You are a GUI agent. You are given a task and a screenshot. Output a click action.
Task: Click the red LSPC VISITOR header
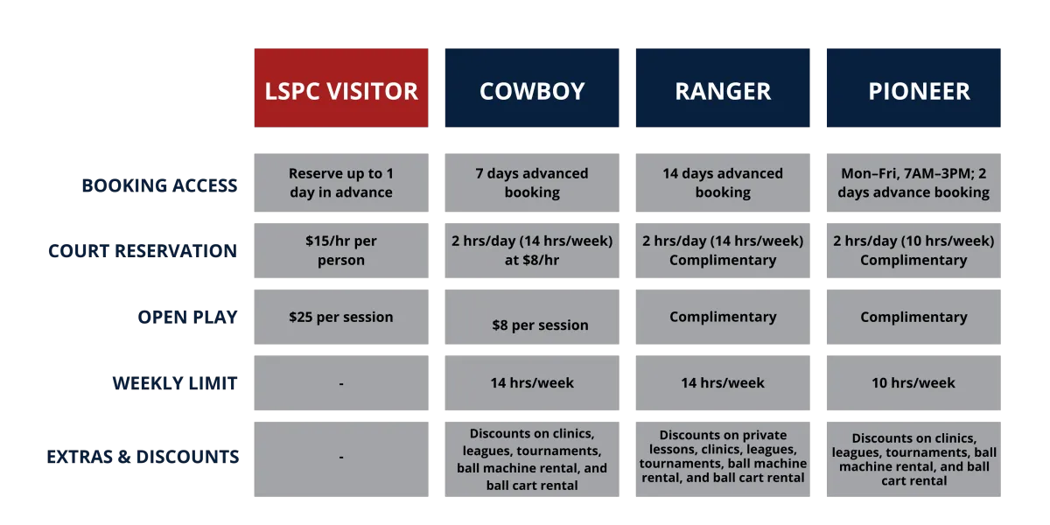tap(341, 87)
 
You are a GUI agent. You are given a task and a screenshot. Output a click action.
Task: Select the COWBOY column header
tap(532, 87)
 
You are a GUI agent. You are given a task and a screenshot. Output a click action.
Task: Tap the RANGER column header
tap(723, 87)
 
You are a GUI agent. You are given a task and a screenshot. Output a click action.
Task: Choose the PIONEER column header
tap(913, 87)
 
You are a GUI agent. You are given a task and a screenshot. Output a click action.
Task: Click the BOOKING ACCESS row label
tap(159, 185)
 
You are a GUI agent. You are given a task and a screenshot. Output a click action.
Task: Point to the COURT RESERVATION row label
tap(143, 251)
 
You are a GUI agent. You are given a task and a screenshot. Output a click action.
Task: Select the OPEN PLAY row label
tap(187, 318)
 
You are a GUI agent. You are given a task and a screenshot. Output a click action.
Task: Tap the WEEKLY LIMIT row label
tap(175, 383)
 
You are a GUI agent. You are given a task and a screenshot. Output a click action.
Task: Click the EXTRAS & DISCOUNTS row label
tap(143, 457)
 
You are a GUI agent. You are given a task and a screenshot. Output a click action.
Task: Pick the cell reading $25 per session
tap(341, 317)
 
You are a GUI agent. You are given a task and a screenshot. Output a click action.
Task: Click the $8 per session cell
tap(532, 317)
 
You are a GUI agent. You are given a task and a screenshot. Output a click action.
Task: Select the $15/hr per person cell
tap(341, 251)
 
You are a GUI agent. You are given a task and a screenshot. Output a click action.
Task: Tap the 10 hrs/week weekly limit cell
tap(913, 383)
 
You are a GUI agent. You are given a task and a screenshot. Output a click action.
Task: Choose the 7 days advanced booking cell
tap(532, 183)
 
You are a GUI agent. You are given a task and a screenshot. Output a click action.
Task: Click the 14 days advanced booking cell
tap(723, 183)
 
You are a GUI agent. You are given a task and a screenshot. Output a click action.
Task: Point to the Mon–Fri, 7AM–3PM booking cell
tap(913, 183)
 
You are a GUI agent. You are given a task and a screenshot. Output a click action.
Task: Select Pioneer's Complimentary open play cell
tap(913, 317)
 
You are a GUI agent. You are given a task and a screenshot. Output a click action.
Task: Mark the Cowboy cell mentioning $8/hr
tap(532, 251)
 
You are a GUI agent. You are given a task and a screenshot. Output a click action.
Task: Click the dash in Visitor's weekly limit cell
tap(341, 384)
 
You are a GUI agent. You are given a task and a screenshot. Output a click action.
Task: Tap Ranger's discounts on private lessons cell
tap(723, 459)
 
